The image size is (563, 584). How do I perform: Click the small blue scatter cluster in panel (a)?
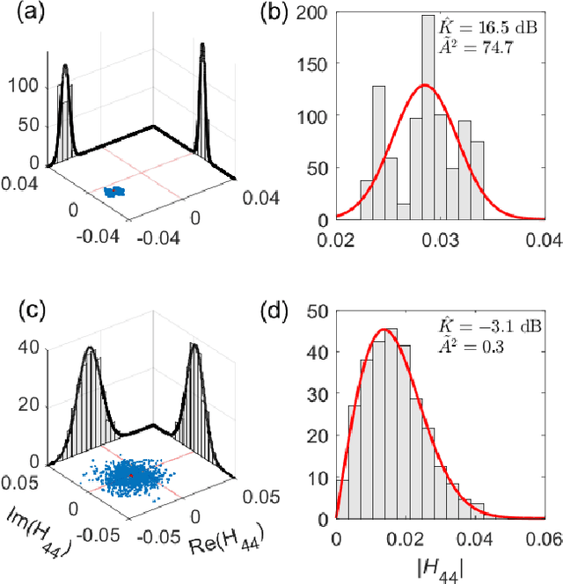pos(113,191)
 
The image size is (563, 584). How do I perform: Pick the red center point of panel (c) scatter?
pos(131,476)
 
